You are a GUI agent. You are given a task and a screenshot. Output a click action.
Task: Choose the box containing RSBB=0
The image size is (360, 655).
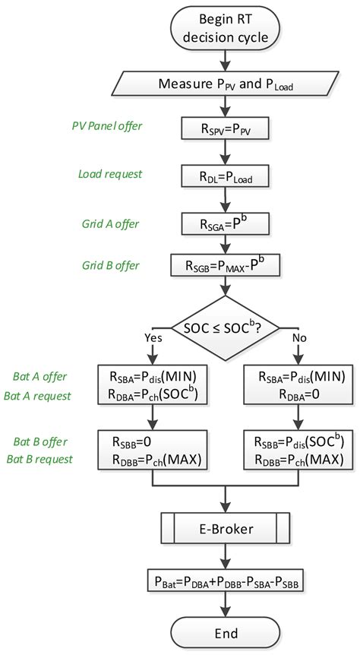point(153,450)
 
